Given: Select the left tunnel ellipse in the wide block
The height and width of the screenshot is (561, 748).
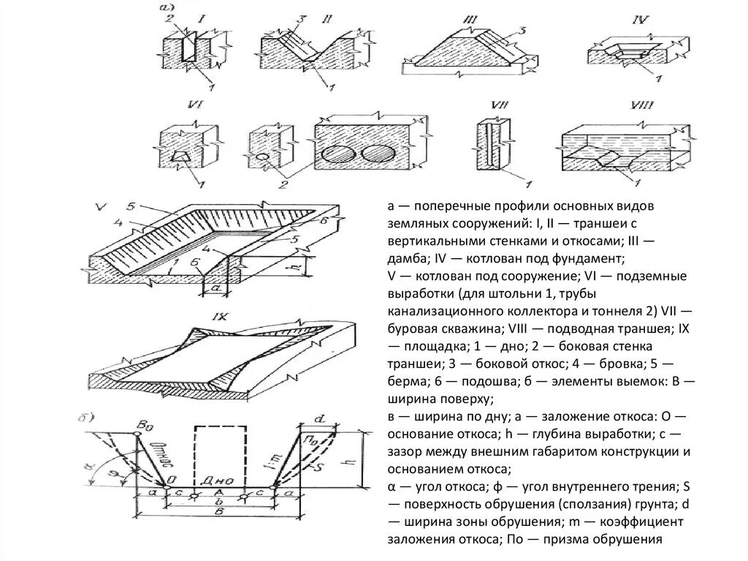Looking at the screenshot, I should [x=338, y=156].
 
